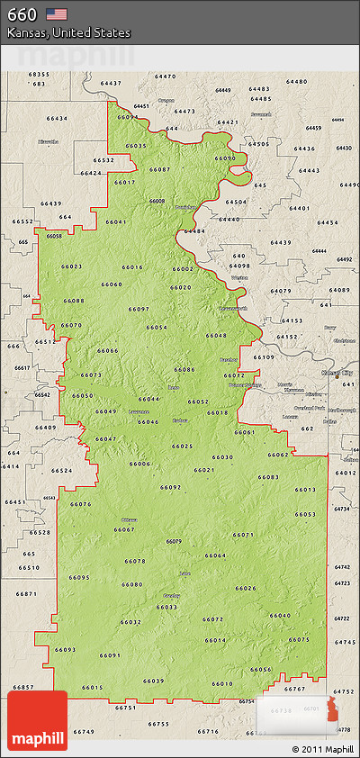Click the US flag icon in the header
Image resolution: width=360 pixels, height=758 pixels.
57,14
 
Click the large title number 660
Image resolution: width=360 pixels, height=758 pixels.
22,14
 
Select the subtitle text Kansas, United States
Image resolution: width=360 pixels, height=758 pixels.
68,32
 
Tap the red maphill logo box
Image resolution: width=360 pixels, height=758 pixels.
37,720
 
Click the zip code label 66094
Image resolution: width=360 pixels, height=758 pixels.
128,117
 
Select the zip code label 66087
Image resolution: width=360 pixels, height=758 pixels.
159,169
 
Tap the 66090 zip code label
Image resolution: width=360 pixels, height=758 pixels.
225,158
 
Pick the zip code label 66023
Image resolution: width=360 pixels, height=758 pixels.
71,266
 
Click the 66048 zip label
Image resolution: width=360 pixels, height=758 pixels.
216,335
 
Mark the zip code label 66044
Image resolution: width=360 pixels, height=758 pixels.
149,399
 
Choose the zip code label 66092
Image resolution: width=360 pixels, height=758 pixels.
171,487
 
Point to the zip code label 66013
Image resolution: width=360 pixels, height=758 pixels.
305,489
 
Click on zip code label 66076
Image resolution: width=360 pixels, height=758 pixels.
80,504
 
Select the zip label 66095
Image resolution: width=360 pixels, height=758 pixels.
79,577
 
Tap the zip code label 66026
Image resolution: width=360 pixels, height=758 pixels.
246,588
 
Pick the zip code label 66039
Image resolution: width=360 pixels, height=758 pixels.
153,681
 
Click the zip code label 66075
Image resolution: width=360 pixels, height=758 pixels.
299,639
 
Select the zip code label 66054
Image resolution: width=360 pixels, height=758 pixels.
157,327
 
